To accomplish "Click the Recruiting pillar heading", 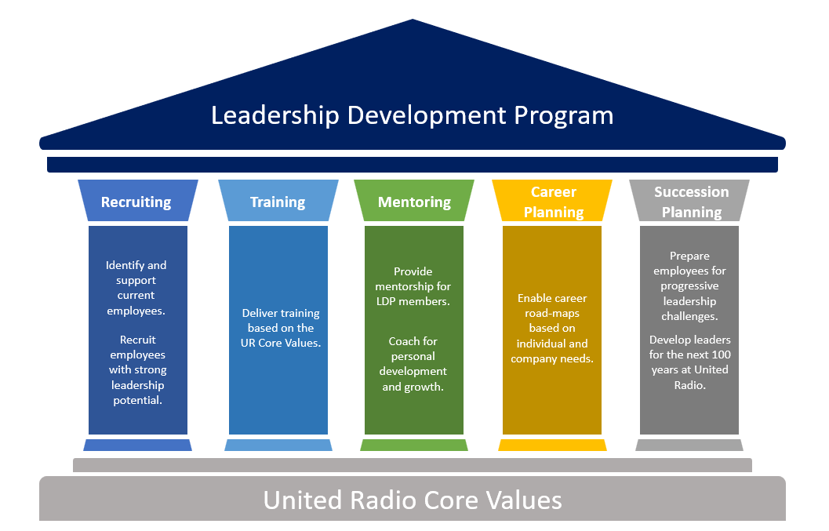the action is [x=136, y=202].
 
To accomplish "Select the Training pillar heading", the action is [x=278, y=202].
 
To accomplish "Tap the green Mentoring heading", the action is [x=414, y=202].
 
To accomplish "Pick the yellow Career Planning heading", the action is [x=554, y=202].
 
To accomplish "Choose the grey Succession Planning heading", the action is [x=692, y=202].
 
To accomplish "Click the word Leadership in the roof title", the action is [x=275, y=115].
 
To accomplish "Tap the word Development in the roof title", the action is [x=427, y=116].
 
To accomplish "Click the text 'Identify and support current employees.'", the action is [x=136, y=288].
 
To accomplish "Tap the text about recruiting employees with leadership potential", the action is [x=137, y=369].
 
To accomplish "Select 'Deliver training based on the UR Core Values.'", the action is [x=281, y=328].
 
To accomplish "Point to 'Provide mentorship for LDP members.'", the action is [x=413, y=286].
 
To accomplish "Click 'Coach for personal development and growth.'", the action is [x=413, y=364].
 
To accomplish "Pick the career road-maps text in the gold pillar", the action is [x=552, y=329].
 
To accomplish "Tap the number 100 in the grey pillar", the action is [x=721, y=355].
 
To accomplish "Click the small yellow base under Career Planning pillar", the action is [x=552, y=445].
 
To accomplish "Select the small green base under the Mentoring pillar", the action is [x=414, y=445].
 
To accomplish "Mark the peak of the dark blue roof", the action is [x=413, y=20].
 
